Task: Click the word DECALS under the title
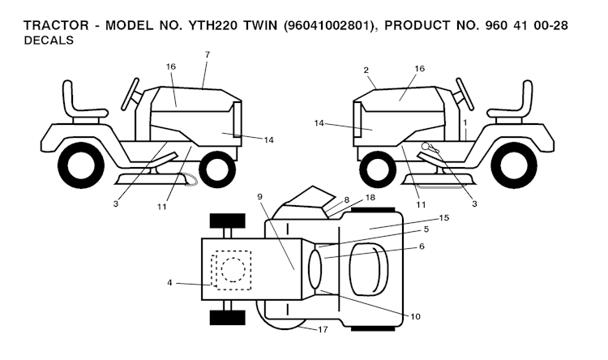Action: click(x=49, y=41)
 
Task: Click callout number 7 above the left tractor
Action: click(x=208, y=54)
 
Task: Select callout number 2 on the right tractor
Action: click(x=366, y=71)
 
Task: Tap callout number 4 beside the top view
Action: click(x=169, y=283)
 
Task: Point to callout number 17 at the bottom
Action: click(x=323, y=330)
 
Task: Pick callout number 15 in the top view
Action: click(x=444, y=218)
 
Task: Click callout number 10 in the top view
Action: click(x=415, y=316)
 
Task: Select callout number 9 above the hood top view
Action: click(x=259, y=197)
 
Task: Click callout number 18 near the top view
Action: click(x=370, y=198)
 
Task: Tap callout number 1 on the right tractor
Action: click(x=465, y=123)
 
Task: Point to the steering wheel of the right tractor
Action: click(x=465, y=94)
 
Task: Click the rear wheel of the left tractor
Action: click(x=81, y=165)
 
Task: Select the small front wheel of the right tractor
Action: click(x=378, y=169)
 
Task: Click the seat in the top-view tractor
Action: click(x=369, y=268)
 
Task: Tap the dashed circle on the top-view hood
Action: click(x=233, y=270)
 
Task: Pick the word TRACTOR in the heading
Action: click(x=56, y=26)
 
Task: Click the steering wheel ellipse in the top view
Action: click(x=315, y=269)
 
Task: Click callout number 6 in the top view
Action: click(x=422, y=246)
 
